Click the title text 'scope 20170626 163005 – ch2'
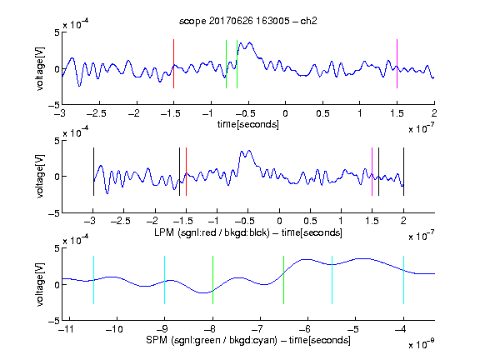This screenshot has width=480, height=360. point(247,21)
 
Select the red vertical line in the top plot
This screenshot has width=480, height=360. point(173,63)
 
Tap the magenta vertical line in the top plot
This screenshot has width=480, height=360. point(397,63)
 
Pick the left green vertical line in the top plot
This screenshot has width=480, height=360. point(226,64)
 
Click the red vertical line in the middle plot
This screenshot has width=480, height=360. point(186,172)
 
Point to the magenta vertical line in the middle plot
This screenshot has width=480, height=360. point(372,172)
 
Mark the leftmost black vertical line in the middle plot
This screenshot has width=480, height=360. point(93,172)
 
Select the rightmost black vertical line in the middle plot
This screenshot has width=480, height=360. point(403,172)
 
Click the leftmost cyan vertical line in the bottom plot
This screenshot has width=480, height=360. point(93,280)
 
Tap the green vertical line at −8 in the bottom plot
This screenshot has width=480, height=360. point(212,280)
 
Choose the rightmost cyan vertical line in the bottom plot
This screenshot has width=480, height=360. point(403,280)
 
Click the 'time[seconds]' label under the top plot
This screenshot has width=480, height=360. point(248,124)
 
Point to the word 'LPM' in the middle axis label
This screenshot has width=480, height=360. point(164,232)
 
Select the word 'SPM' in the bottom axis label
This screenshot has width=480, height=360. point(157,340)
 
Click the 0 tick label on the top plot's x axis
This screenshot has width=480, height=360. point(285,113)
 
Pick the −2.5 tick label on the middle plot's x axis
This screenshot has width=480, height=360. point(121,221)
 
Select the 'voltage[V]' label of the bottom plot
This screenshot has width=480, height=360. point(40,284)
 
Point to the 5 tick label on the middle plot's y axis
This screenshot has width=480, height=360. point(57,142)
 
